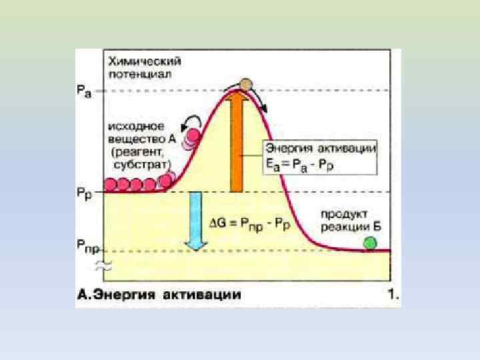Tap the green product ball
point(369,243)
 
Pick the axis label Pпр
point(88,250)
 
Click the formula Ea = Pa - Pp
point(300,164)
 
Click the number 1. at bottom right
point(393,294)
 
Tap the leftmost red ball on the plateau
point(110,185)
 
